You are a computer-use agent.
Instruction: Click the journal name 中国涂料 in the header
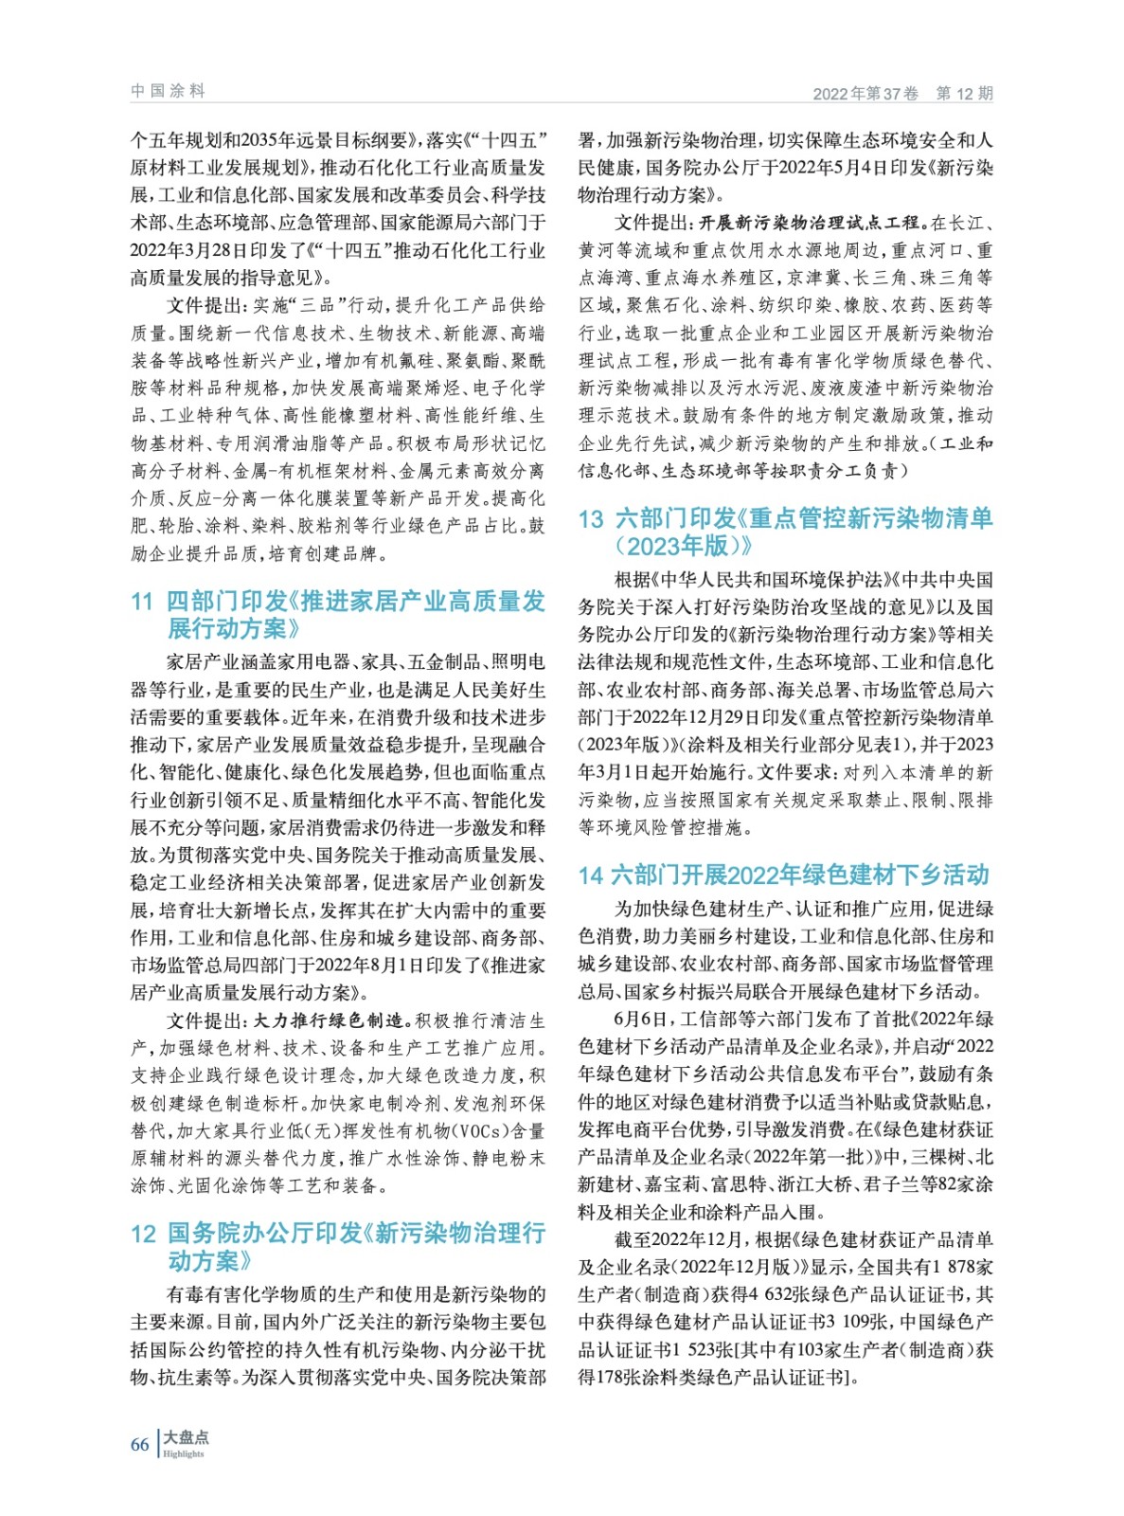(168, 91)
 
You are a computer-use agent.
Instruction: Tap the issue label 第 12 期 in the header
(964, 93)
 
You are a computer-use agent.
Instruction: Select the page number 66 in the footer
(139, 1444)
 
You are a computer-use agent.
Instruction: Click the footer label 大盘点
(186, 1436)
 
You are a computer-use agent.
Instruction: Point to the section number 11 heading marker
(142, 602)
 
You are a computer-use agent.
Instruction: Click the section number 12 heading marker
(143, 1234)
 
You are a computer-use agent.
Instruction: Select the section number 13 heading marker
(591, 519)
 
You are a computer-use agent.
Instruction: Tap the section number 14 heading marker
(591, 875)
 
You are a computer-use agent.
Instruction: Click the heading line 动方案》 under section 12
(210, 1261)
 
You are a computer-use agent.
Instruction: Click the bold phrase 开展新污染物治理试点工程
(810, 224)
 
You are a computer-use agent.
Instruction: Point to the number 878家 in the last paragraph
(968, 1268)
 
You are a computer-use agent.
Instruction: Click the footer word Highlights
(184, 1453)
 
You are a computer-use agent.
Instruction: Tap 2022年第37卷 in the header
(865, 93)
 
